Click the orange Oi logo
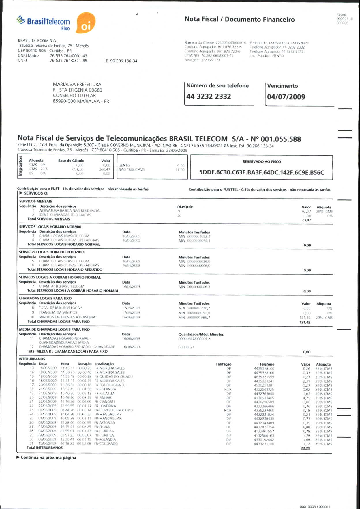86,23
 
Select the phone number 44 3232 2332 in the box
209,96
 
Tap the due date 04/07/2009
286,97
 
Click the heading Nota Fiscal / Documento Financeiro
240,19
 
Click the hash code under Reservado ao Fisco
262,172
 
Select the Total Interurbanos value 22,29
305,448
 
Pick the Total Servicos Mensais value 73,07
306,220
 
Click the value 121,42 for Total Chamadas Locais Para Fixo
305,322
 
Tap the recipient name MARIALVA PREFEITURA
77,84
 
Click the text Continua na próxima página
48,458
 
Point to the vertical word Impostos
20,166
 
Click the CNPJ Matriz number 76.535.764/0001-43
68,56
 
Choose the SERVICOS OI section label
36,193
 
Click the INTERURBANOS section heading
32,359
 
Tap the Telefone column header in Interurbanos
267,364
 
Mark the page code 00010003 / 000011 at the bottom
315,506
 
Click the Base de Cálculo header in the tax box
71,161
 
